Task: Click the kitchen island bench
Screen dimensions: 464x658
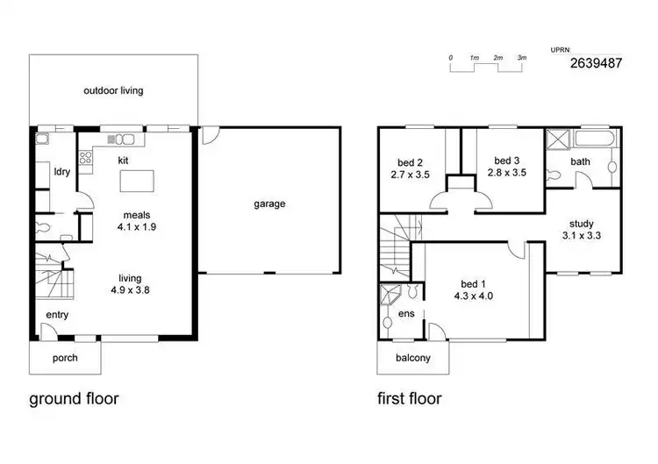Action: pyautogui.click(x=137, y=181)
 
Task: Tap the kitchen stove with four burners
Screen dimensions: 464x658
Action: pyautogui.click(x=86, y=158)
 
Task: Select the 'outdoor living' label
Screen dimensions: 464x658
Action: pyautogui.click(x=113, y=90)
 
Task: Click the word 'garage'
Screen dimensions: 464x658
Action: pyautogui.click(x=269, y=204)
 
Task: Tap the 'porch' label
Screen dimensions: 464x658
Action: pyautogui.click(x=65, y=358)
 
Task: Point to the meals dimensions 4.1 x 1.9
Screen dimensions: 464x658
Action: pyautogui.click(x=136, y=226)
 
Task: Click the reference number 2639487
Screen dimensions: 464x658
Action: pyautogui.click(x=597, y=63)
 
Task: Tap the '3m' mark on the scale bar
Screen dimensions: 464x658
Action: pyautogui.click(x=521, y=58)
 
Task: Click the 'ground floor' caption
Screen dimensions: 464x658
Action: pyautogui.click(x=74, y=399)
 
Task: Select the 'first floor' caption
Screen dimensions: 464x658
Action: pyautogui.click(x=410, y=399)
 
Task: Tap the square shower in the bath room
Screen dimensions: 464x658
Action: pyautogui.click(x=558, y=140)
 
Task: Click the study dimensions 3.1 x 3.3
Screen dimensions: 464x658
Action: pyautogui.click(x=582, y=235)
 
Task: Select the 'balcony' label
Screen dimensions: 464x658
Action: pyautogui.click(x=412, y=358)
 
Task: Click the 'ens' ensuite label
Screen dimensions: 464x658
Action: pyautogui.click(x=406, y=313)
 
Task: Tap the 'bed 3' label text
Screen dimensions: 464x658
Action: pyautogui.click(x=506, y=161)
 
